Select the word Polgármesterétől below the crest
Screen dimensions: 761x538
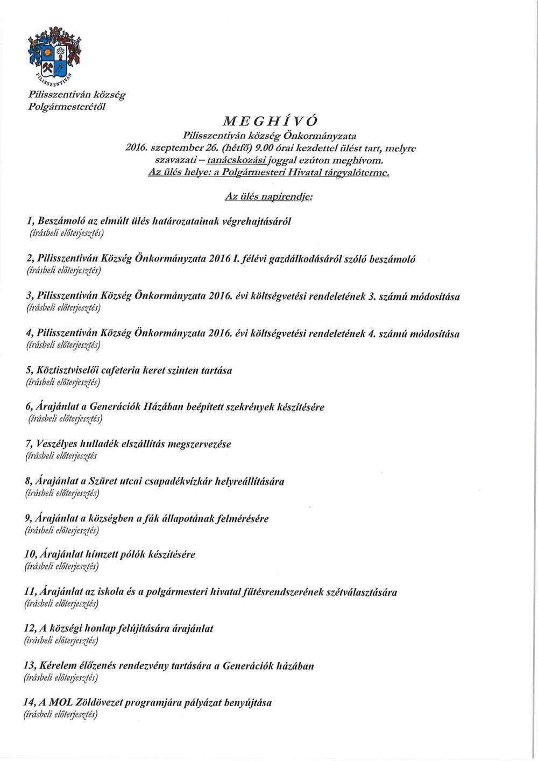click(x=67, y=106)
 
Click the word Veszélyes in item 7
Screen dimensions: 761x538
click(x=56, y=444)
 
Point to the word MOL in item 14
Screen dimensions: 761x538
click(x=63, y=702)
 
